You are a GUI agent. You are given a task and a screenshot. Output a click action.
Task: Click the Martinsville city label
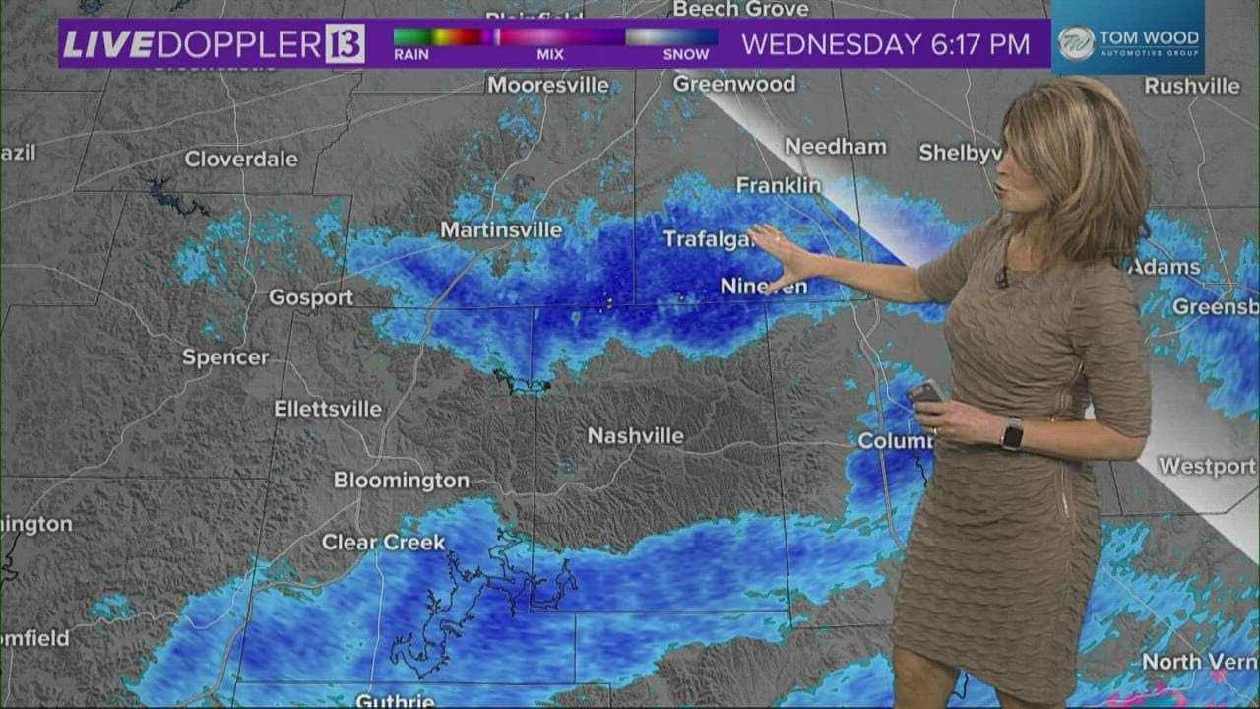pyautogui.click(x=501, y=230)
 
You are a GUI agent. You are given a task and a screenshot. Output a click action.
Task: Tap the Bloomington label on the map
pyautogui.click(x=401, y=481)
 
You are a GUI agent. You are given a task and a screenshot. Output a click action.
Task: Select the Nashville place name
pyautogui.click(x=635, y=435)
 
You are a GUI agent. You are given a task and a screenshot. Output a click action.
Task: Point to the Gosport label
pyautogui.click(x=311, y=297)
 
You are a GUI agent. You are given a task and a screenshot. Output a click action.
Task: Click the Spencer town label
pyautogui.click(x=225, y=357)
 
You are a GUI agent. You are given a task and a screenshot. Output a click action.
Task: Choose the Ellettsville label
pyautogui.click(x=328, y=409)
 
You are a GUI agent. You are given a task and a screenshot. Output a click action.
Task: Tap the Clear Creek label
pyautogui.click(x=384, y=543)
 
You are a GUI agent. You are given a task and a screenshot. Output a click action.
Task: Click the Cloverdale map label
pyautogui.click(x=241, y=159)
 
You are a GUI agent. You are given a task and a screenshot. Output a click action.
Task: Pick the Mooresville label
pyautogui.click(x=548, y=86)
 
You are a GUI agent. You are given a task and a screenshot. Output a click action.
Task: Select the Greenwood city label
pyautogui.click(x=734, y=85)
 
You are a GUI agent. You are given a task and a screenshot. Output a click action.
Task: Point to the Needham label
pyautogui.click(x=836, y=147)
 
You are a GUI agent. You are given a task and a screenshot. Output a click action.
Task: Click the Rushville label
pyautogui.click(x=1192, y=87)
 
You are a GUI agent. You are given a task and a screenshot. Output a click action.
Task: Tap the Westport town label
pyautogui.click(x=1207, y=466)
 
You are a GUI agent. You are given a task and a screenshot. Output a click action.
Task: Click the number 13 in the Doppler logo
pyautogui.click(x=345, y=44)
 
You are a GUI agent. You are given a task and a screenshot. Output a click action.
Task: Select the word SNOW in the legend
pyautogui.click(x=686, y=55)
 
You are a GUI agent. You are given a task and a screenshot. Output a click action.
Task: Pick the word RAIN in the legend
pyautogui.click(x=411, y=55)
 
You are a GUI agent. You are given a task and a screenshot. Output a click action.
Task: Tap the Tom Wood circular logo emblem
pyautogui.click(x=1076, y=42)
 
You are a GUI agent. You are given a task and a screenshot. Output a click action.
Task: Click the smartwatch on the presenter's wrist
pyautogui.click(x=1012, y=433)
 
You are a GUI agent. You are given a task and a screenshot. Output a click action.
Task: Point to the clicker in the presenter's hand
pyautogui.click(x=925, y=392)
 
